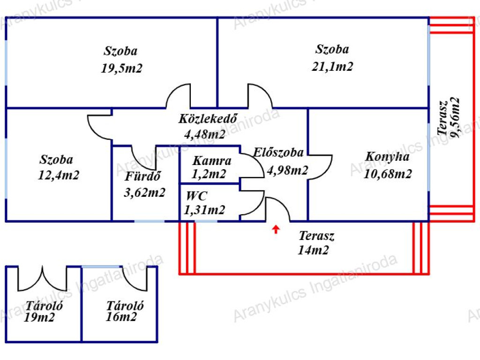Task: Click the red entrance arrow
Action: click(276, 229)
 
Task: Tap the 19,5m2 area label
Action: click(121, 68)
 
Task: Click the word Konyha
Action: click(388, 157)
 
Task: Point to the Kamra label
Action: click(212, 161)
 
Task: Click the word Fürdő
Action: click(143, 177)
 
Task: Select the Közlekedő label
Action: click(207, 119)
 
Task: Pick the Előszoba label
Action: click(278, 152)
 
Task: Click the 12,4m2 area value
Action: click(59, 176)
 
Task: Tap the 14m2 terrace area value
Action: click(313, 250)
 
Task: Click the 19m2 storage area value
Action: click(40, 317)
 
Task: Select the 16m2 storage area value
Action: click(121, 317)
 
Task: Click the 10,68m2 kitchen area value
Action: click(388, 174)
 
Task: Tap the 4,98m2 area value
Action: click(287, 170)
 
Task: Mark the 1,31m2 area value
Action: click(205, 210)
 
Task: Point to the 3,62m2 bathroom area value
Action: click(145, 192)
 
